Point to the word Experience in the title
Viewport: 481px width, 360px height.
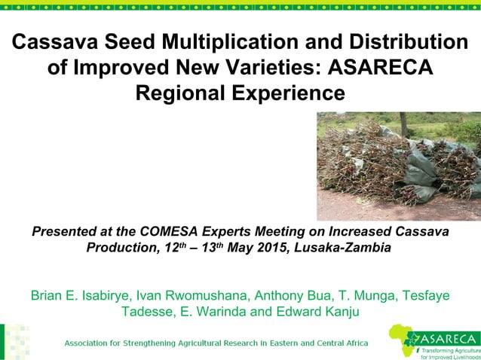[x=279, y=93]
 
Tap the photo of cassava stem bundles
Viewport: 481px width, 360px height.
[x=398, y=166]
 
